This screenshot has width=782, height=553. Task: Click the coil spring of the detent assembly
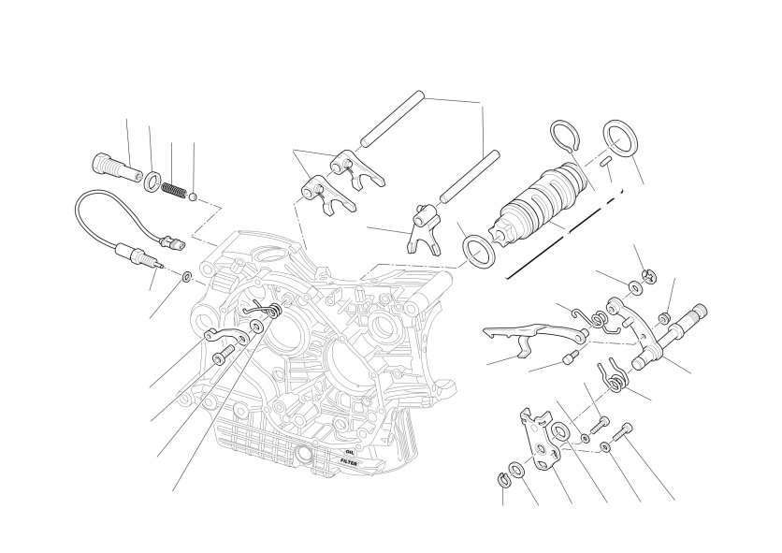174,190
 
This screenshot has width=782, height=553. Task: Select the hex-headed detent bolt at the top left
117,168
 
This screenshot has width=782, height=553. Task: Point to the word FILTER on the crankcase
349,462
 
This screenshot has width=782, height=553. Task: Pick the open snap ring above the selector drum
565,135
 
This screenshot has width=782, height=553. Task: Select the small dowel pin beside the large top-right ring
607,161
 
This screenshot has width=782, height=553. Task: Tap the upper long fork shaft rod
393,119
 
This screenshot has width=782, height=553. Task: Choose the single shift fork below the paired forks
423,229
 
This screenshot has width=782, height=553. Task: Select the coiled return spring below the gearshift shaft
614,378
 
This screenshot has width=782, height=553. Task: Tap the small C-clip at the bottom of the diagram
502,479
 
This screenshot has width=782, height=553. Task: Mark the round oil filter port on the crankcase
304,455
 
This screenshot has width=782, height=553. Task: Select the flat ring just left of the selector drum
479,252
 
